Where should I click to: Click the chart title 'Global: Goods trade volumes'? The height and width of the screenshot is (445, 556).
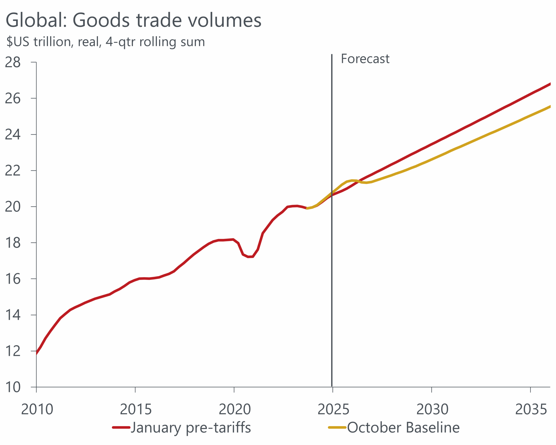[133, 20]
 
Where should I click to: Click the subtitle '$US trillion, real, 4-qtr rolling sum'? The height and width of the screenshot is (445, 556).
[106, 42]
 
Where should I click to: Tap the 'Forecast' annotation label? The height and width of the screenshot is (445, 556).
[365, 59]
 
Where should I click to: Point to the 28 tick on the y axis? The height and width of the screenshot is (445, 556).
[13, 62]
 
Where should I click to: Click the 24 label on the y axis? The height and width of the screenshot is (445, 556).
[13, 135]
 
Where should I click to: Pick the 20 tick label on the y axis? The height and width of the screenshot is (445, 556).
[13, 207]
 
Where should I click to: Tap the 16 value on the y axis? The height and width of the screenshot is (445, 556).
[13, 279]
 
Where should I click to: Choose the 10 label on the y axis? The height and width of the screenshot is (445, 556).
[13, 387]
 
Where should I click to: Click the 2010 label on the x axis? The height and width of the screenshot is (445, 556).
[37, 409]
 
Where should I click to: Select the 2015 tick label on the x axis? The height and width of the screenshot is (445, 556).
[136, 409]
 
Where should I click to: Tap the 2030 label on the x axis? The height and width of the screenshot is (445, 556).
[432, 409]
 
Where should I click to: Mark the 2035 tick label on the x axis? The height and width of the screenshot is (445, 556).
[531, 409]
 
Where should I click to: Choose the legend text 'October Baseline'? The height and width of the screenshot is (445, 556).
[403, 428]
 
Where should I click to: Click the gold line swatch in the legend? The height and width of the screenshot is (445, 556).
[337, 428]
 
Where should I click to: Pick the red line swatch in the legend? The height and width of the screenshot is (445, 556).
[121, 428]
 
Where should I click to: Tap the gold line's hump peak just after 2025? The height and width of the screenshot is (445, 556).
[352, 180]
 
